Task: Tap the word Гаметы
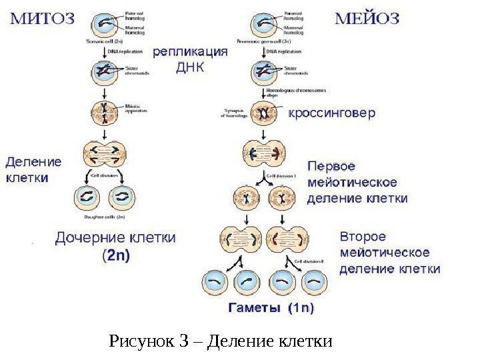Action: [255, 308]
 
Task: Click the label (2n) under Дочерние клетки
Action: [115, 254]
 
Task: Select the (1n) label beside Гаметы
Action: [301, 308]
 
